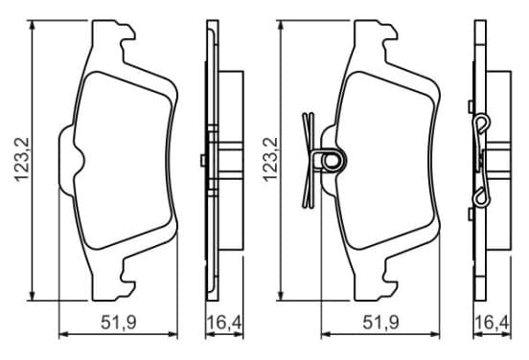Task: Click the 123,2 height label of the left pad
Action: click(22, 160)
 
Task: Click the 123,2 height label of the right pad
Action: click(270, 160)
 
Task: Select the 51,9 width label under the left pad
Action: click(119, 323)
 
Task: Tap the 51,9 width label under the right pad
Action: click(380, 323)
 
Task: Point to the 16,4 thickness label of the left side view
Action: click(224, 323)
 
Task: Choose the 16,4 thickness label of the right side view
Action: click(493, 323)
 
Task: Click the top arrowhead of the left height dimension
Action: click(32, 25)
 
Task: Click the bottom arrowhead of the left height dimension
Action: click(32, 295)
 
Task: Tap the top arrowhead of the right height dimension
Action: click(280, 25)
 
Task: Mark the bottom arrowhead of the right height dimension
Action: click(280, 295)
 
